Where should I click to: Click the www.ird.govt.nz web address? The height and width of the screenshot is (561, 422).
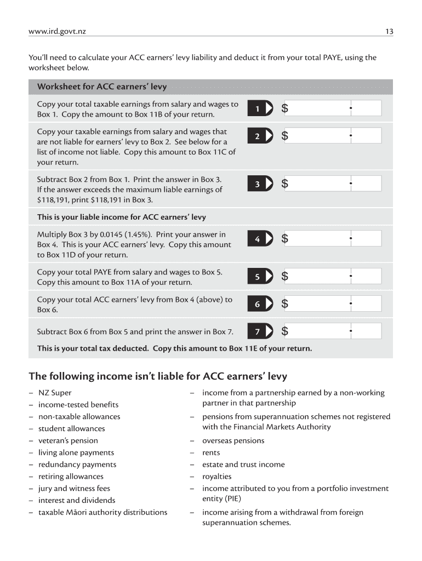point(57,32)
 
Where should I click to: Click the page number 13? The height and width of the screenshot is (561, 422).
point(389,32)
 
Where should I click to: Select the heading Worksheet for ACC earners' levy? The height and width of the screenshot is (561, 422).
point(101,87)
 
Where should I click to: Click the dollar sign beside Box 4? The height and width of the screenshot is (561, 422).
point(284,239)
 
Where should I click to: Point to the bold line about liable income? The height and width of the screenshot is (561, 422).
point(121,217)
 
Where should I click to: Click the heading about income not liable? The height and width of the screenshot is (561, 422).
point(158,376)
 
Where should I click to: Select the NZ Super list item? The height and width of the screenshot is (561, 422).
point(55,393)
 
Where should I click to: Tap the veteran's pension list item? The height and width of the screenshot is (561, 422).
point(68,440)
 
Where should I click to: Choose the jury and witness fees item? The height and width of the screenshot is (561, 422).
point(74,488)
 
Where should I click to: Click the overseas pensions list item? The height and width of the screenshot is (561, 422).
point(233,440)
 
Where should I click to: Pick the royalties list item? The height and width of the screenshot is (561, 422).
point(216,477)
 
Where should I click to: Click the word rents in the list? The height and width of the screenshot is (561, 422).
point(211,453)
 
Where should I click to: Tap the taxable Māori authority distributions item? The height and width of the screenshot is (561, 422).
point(102,512)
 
